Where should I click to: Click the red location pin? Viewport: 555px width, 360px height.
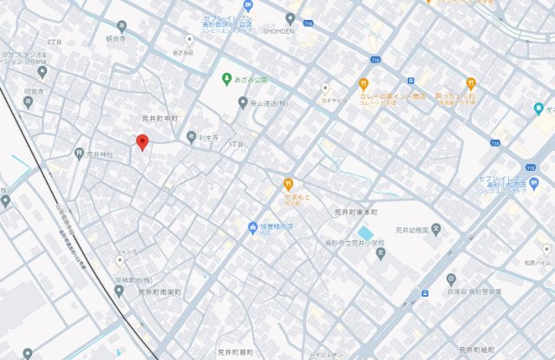(x=142, y=142)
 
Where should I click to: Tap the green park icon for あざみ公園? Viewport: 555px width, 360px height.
(x=226, y=78)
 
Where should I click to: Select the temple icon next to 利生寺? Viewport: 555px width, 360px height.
(x=192, y=136)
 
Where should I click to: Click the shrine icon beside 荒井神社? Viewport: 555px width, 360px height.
(x=79, y=154)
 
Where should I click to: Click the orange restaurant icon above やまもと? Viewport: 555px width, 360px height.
(x=288, y=184)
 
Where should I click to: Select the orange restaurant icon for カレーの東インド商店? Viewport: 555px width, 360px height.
(x=364, y=84)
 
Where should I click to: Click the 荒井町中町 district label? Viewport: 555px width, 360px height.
(x=160, y=118)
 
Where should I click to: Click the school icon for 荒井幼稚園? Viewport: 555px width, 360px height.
(x=437, y=230)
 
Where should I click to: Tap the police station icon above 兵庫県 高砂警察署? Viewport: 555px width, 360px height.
(x=451, y=279)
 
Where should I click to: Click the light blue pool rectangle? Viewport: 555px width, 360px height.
(x=368, y=234)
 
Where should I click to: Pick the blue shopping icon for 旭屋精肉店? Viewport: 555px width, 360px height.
(x=253, y=228)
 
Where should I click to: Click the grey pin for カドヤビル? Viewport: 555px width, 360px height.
(x=326, y=88)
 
